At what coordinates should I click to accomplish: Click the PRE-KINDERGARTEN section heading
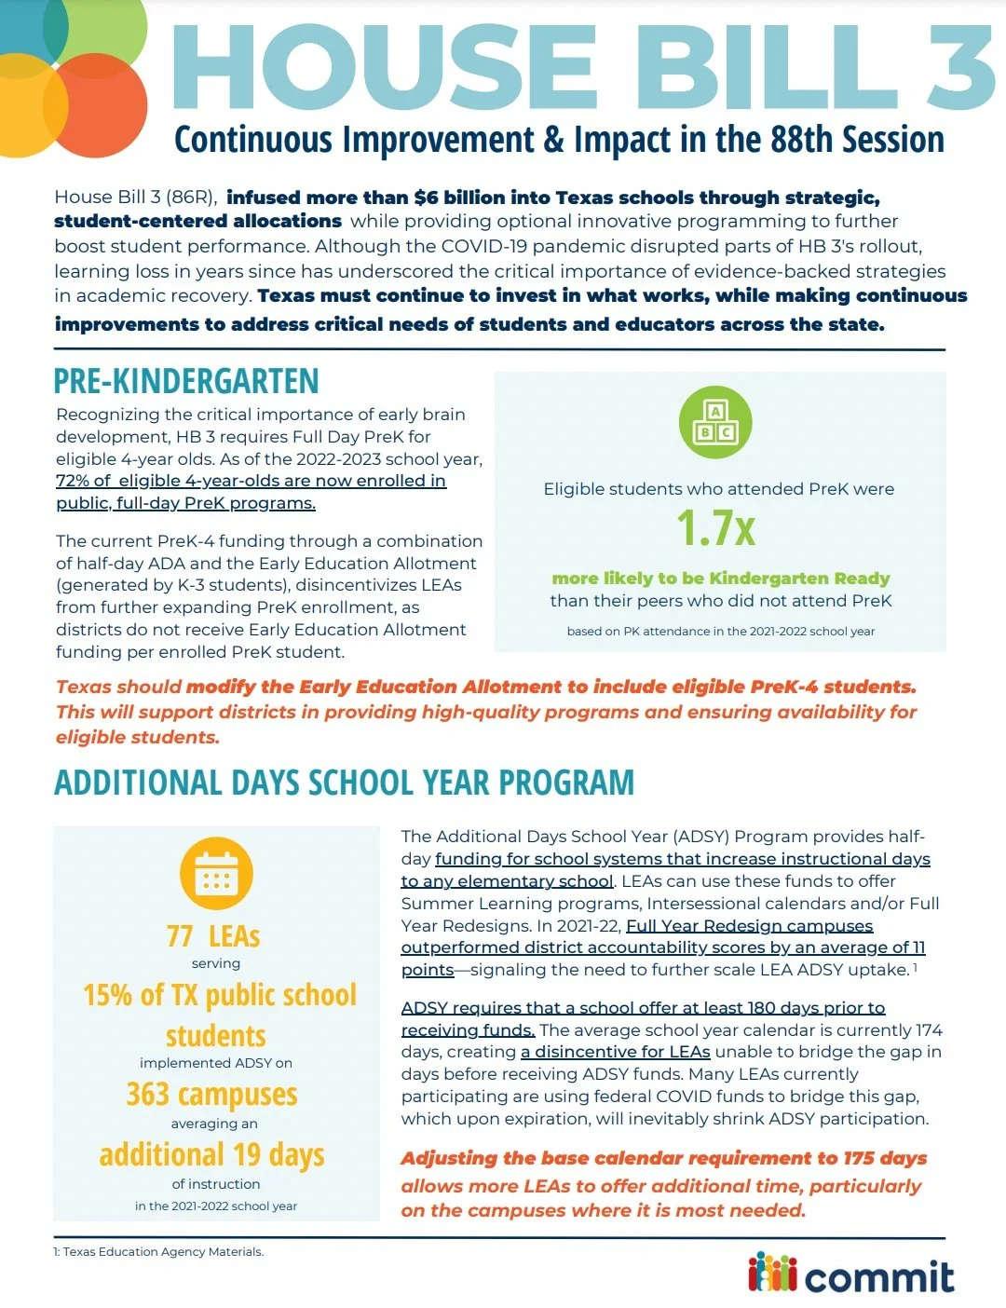[x=186, y=381]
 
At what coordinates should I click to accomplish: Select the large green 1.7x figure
[x=716, y=528]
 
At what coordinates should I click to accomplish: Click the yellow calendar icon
[x=215, y=874]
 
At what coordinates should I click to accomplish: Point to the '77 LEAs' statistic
[x=213, y=935]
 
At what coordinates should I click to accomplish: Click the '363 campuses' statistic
[x=212, y=1094]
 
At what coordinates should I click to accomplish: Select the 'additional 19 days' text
[x=212, y=1154]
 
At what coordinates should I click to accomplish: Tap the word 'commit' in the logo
[x=879, y=1275]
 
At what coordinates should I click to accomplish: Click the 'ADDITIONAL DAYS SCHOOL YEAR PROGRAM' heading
[x=345, y=783]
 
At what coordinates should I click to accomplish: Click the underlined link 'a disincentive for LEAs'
[x=616, y=1052]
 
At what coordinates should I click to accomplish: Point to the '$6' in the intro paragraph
[x=426, y=198]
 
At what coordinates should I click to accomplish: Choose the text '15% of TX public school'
[x=220, y=995]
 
